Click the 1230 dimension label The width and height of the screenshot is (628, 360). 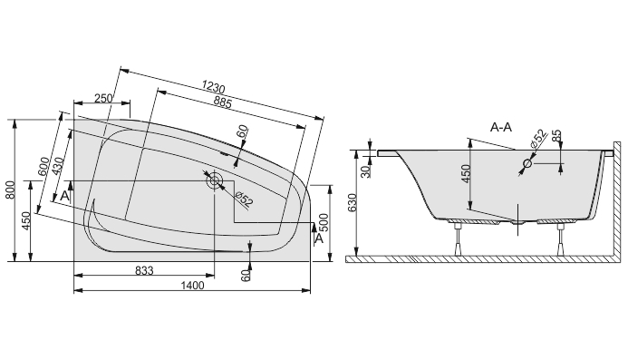213,86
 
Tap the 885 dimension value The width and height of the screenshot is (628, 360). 222,103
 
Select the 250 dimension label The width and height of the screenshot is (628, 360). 103,98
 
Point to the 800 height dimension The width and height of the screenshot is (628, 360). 11,190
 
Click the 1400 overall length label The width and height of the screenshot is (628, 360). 193,286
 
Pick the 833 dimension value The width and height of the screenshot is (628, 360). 144,271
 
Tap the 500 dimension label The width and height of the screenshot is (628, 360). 324,222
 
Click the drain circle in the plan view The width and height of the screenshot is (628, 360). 214,180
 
